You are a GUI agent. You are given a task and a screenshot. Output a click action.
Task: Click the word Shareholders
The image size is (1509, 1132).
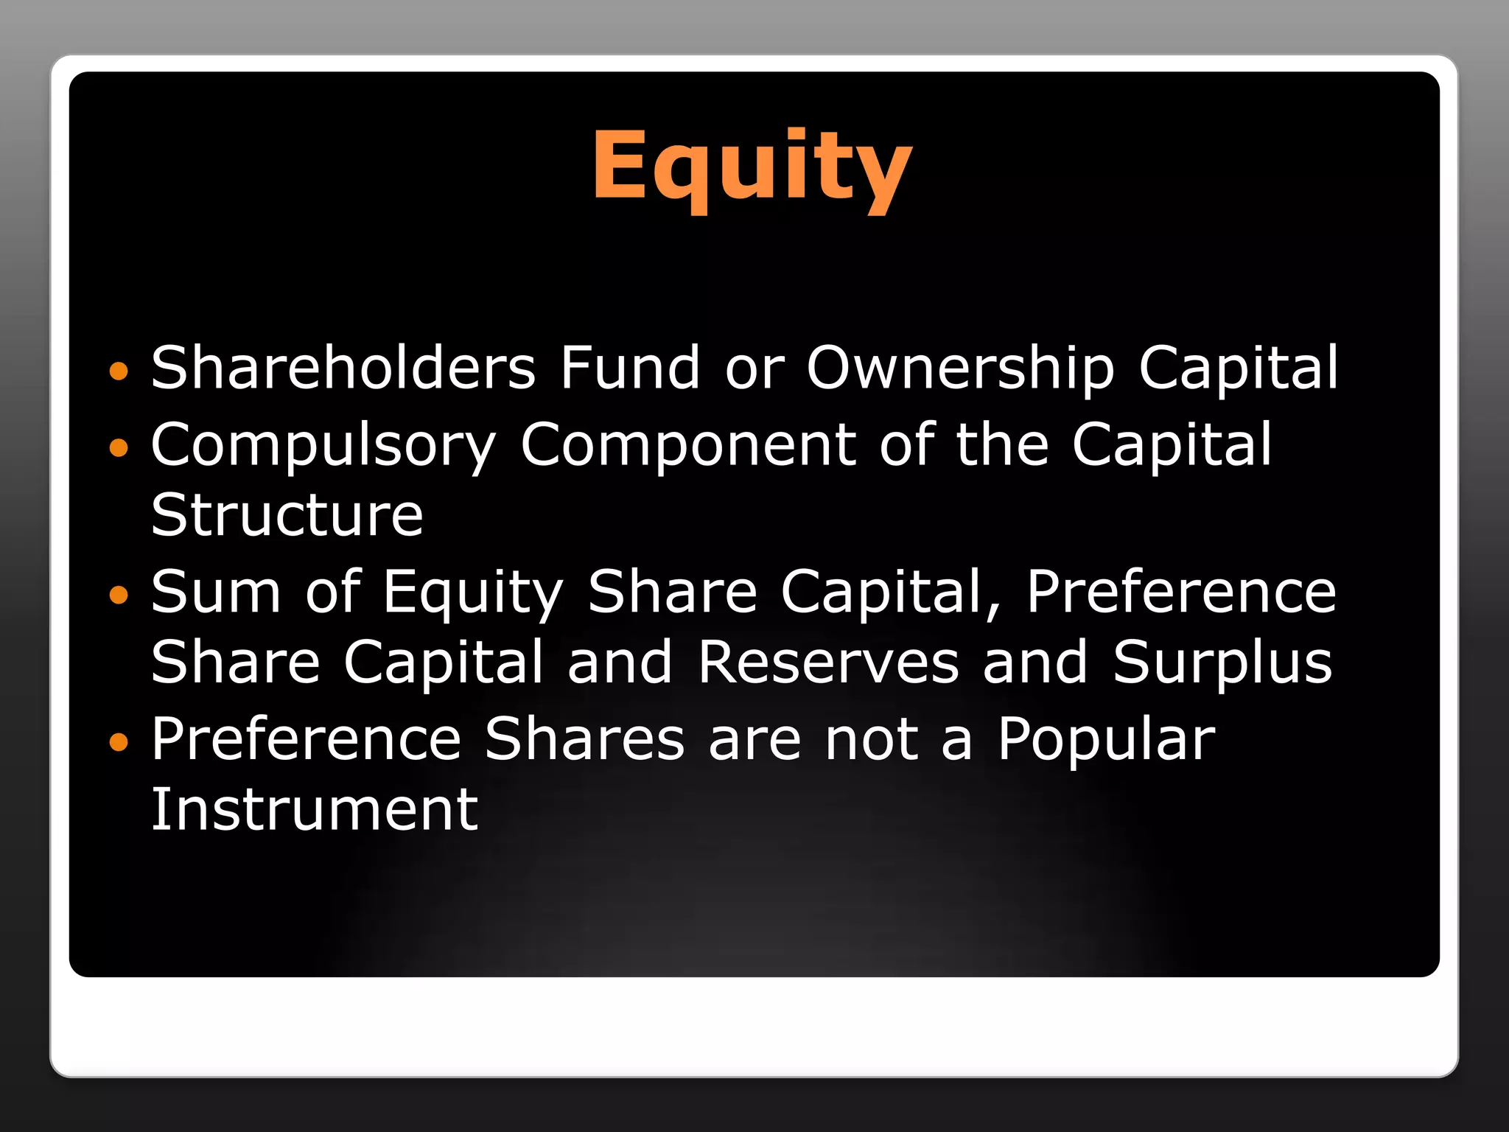coord(343,367)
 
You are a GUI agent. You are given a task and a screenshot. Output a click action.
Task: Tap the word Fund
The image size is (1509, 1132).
coord(629,367)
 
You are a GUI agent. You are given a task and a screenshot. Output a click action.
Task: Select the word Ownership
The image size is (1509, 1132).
coord(960,367)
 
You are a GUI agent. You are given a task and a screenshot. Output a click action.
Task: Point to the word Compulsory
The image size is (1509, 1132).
coord(323,446)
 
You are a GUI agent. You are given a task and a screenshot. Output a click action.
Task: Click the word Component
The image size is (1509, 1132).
coord(687,446)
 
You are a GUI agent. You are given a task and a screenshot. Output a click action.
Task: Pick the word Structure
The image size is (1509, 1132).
coord(287,514)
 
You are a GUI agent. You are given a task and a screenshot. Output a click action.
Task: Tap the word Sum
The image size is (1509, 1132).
coord(216,591)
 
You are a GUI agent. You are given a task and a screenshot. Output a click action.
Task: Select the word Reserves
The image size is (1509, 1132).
coord(828,661)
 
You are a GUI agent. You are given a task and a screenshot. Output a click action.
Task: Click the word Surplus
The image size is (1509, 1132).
coord(1222,663)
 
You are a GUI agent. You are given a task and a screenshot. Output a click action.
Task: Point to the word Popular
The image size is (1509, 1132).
coord(1105,740)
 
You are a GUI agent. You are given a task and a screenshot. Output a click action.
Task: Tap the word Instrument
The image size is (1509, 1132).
coord(315,808)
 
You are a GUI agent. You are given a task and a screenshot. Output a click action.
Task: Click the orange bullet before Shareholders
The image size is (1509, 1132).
coord(118,370)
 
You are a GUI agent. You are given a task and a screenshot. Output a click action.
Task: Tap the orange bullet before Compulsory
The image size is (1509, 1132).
coord(118,447)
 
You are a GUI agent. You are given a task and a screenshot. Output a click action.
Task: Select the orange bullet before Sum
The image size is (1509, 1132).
coord(118,594)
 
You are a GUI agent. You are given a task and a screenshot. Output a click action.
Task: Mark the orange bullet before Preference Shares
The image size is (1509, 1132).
coord(118,741)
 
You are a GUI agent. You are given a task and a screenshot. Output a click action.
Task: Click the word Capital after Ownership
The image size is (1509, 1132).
coord(1238,367)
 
